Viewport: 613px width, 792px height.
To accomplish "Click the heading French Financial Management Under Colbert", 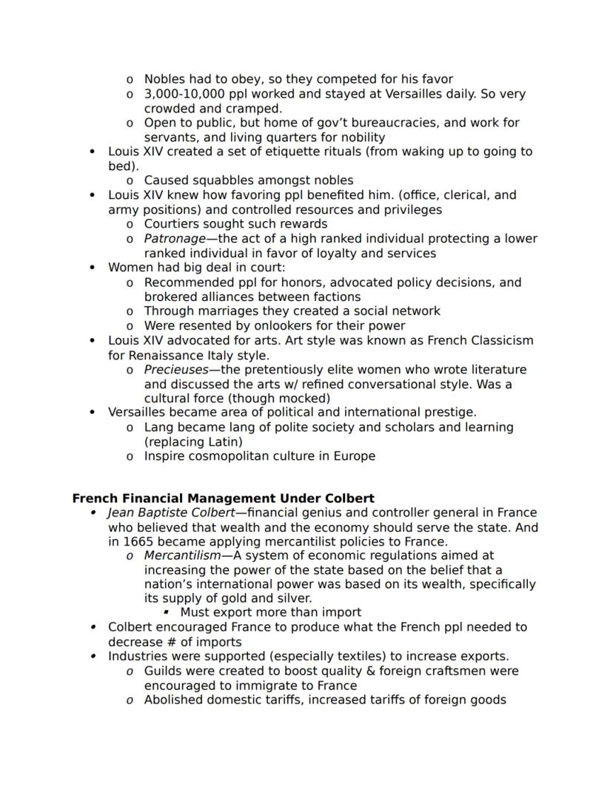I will [223, 498].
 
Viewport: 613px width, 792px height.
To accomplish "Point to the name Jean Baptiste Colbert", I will [175, 512].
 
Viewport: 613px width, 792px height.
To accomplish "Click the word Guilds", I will [164, 671].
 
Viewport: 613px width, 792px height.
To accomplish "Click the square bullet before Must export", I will [166, 612].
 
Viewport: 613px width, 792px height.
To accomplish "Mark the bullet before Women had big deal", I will [92, 268].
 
